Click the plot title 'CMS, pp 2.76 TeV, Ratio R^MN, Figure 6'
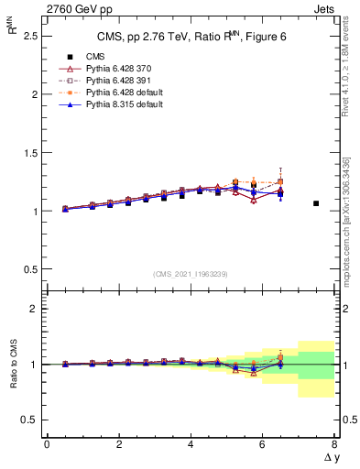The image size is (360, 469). click(191, 37)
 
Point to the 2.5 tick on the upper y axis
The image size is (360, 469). click(29, 36)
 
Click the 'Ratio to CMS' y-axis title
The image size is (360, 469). click(12, 365)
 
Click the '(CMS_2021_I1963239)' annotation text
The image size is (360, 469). click(191, 274)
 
